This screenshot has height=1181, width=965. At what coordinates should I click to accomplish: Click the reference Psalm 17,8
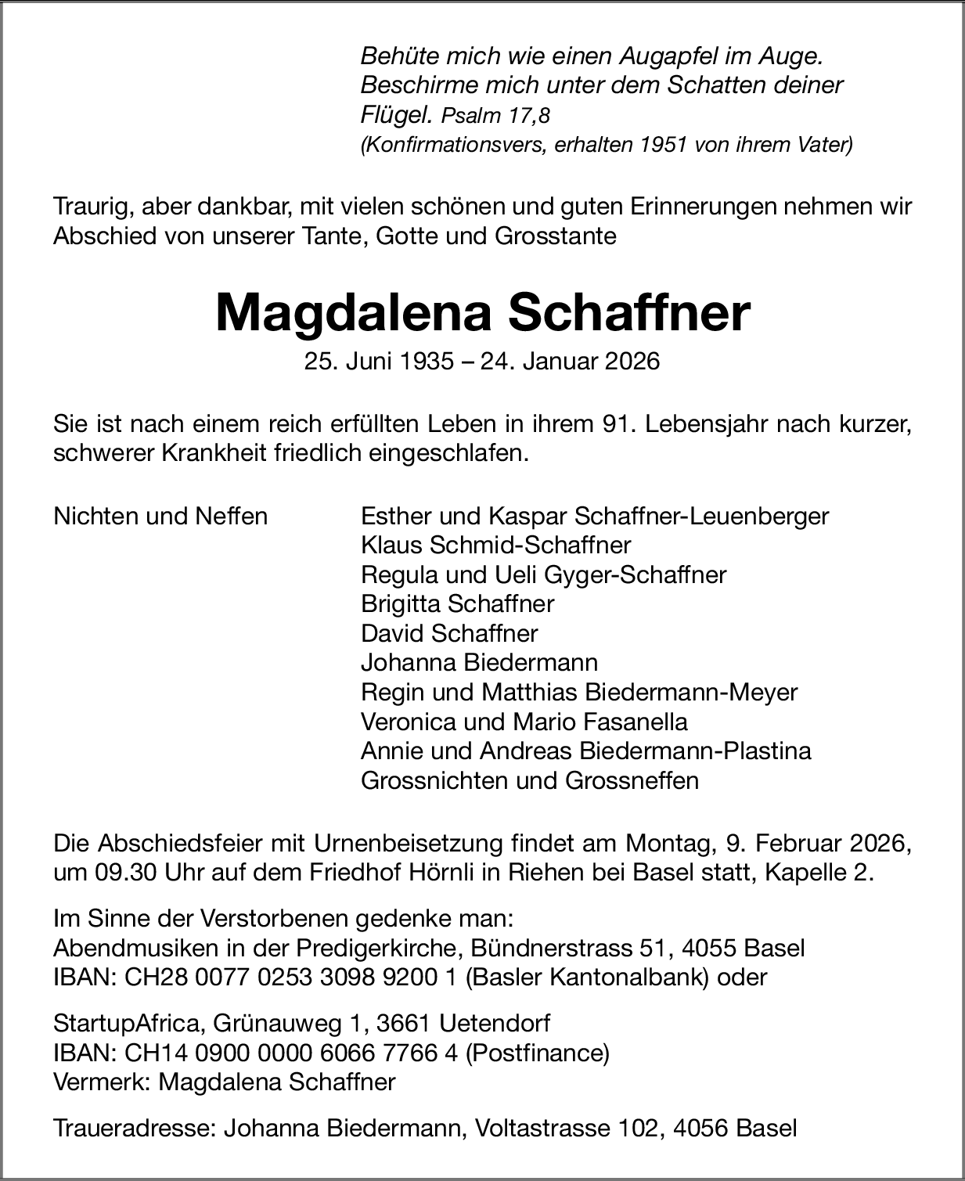495,116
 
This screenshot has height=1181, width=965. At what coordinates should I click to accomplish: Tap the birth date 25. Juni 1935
380,361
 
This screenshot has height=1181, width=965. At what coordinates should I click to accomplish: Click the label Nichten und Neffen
160,516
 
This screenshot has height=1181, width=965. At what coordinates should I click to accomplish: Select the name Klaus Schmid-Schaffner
495,545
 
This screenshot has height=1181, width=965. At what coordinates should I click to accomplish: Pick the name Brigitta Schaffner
457,603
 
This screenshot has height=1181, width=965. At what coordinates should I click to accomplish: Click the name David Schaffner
449,632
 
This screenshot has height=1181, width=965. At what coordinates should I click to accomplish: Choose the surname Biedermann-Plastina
695,751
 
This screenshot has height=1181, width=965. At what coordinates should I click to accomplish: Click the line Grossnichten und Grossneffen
529,780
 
